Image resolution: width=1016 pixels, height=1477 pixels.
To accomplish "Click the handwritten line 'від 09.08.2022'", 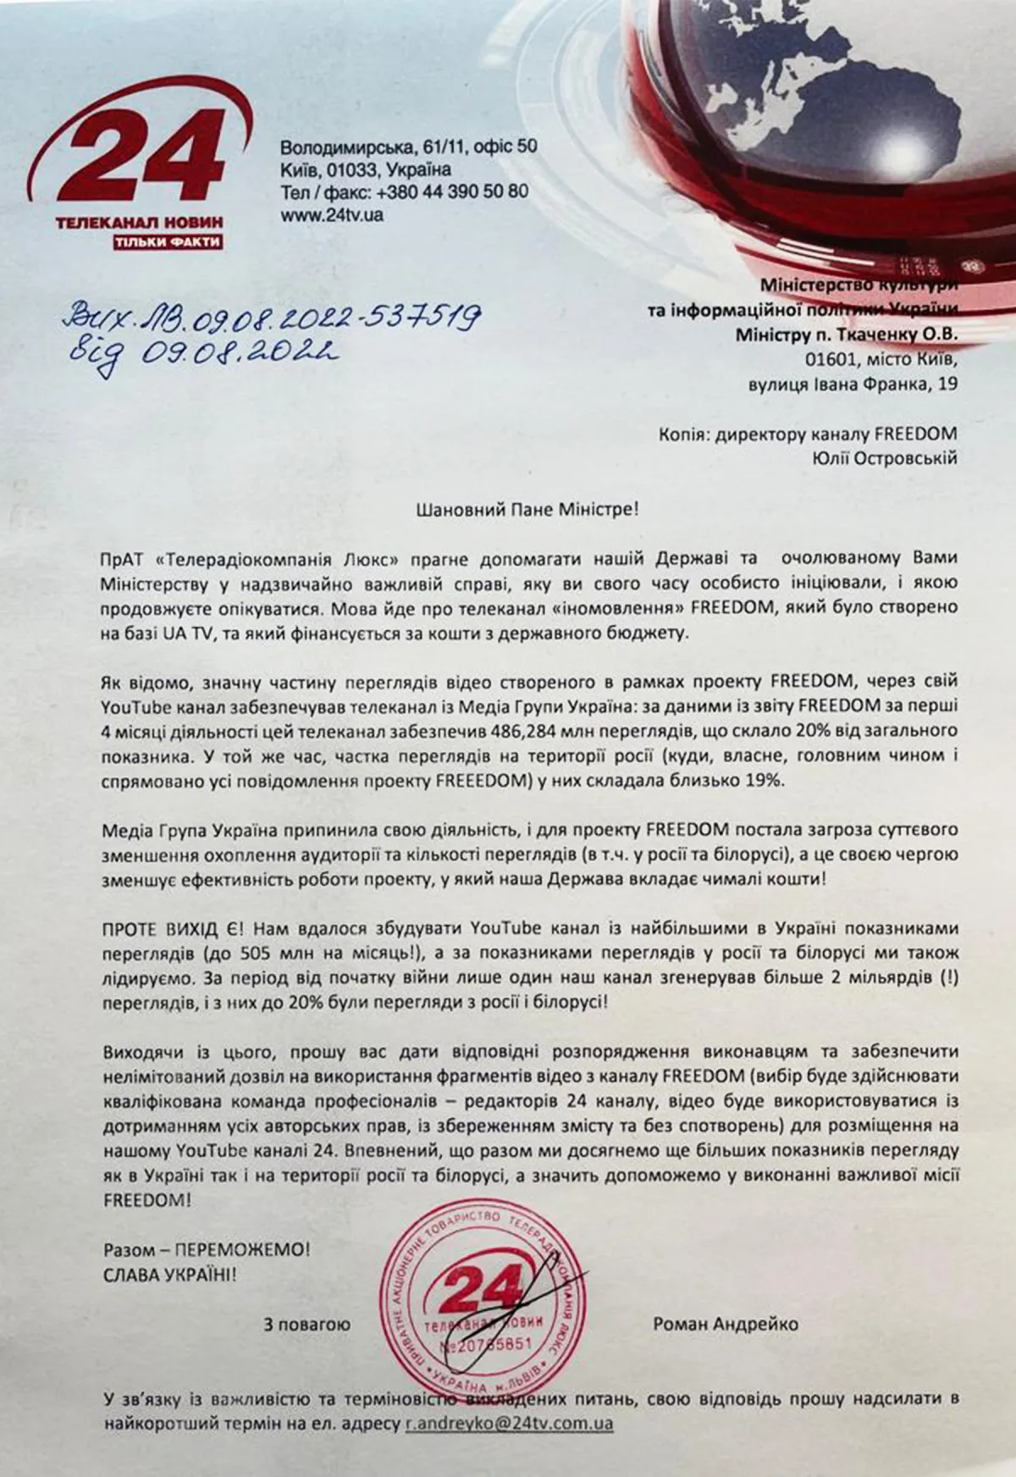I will pos(199,351).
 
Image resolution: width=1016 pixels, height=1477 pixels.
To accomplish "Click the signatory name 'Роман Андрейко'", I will pos(726,1323).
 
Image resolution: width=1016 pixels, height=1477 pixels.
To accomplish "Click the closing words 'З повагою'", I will pos(306,1323).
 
